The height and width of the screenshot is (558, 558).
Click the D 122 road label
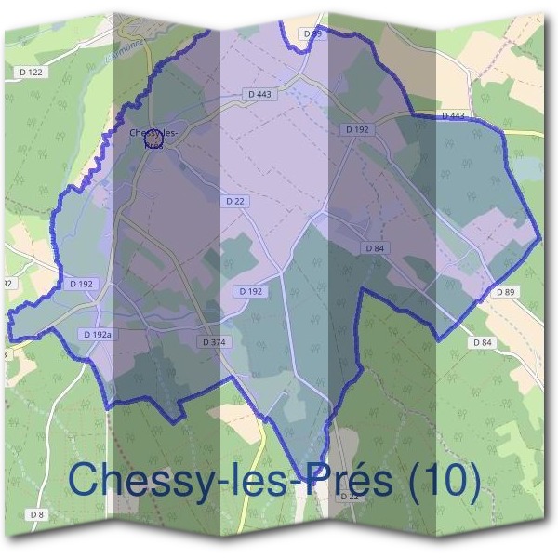31,72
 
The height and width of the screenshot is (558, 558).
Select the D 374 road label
213,342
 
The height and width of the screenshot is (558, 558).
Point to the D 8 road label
36,514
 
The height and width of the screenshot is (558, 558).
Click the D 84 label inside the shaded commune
374,248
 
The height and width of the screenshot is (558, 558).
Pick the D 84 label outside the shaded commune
482,342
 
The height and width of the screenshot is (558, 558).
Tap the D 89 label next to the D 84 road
505,292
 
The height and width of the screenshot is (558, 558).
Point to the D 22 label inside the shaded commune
235,201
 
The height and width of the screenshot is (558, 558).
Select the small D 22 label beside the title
349,497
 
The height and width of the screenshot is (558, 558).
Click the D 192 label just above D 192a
82,284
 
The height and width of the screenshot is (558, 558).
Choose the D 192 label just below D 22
251,291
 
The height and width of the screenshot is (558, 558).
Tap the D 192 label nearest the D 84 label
357,130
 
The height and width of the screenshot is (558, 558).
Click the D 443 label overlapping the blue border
453,115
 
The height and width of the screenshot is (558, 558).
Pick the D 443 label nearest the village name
259,94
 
